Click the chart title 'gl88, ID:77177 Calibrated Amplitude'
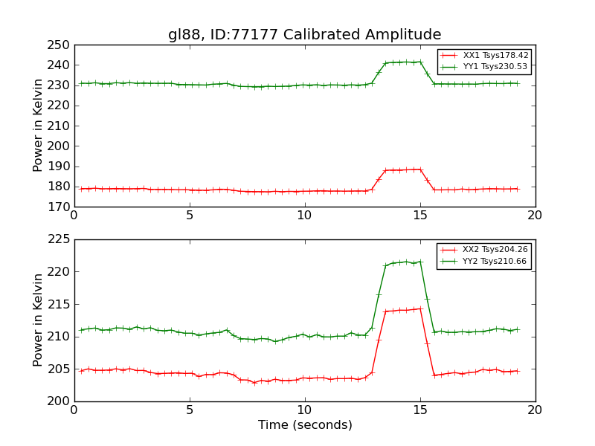[304, 35]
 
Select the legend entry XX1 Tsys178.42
[495, 56]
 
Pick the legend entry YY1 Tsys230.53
[495, 67]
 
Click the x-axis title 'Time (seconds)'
[305, 425]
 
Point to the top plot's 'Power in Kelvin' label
[39, 126]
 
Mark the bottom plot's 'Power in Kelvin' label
[39, 320]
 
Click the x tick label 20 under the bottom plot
[535, 410]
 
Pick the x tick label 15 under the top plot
[420, 216]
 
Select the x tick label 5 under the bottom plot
[190, 410]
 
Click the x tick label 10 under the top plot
[305, 216]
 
